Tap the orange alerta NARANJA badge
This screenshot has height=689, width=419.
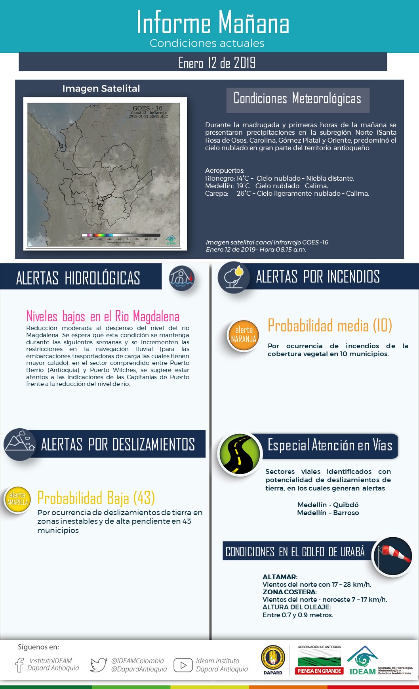(x=244, y=335)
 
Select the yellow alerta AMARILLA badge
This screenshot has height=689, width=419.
(x=17, y=499)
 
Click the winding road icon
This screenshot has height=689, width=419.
(x=240, y=454)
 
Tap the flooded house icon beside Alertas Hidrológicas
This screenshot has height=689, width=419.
(x=182, y=278)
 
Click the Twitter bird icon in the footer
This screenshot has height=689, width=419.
(x=99, y=665)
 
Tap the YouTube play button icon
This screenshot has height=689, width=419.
(x=183, y=665)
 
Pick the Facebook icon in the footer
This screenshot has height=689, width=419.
(x=19, y=665)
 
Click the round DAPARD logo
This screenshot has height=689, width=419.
(x=273, y=658)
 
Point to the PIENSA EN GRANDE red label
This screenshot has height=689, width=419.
(x=319, y=671)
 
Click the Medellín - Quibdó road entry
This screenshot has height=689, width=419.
(x=328, y=505)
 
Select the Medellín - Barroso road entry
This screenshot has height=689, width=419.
(x=328, y=513)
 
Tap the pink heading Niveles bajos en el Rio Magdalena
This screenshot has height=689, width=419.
(x=103, y=316)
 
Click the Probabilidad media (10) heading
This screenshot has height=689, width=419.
(x=330, y=325)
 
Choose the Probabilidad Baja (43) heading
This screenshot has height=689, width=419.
(x=96, y=498)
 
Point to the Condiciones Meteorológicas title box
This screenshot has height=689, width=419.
(x=297, y=98)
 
